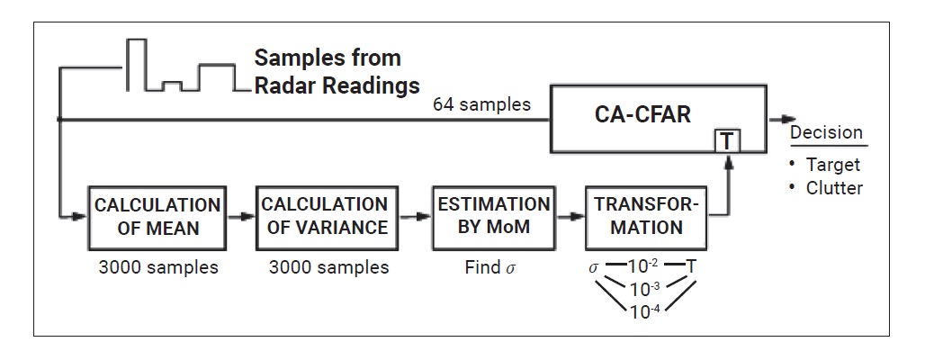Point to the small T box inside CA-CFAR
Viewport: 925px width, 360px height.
725,140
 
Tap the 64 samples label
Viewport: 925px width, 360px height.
481,104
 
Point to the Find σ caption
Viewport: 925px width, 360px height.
492,267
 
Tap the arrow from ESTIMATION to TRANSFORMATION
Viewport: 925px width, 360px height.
569,217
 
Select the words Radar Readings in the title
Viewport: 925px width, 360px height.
337,86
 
